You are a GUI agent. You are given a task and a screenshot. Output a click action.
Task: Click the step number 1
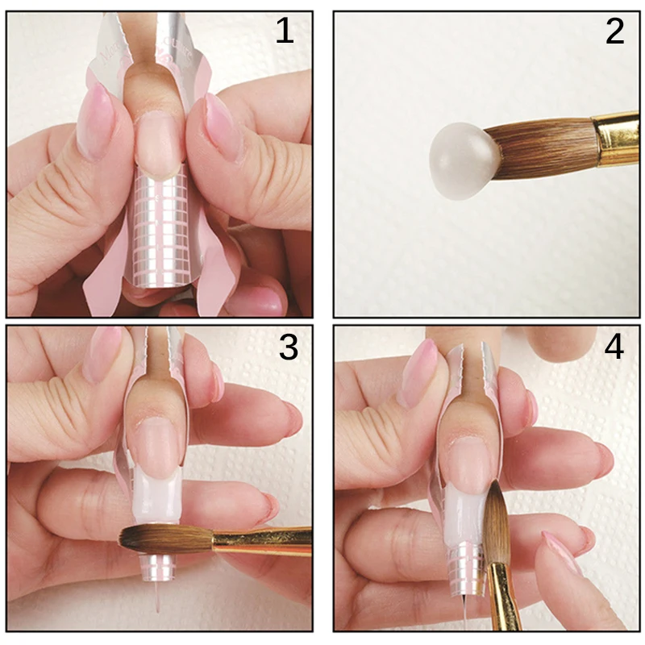point(284,32)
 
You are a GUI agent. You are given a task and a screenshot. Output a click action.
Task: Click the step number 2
point(614,32)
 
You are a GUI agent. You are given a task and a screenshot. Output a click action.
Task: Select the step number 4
point(614,348)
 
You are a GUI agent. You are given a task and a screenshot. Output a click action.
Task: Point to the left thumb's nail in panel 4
point(419,371)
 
